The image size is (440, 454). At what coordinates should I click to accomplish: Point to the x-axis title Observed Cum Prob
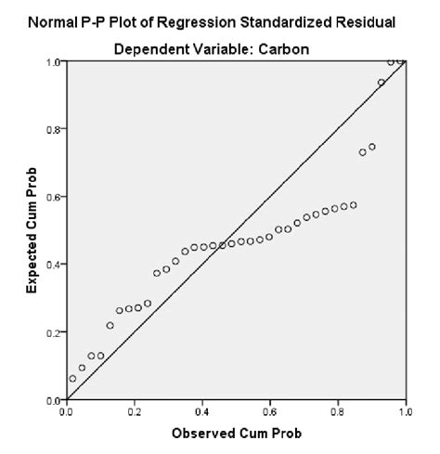[236, 434]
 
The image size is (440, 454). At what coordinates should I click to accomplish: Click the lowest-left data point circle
[72, 378]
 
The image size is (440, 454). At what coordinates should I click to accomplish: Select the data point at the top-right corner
[400, 61]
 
